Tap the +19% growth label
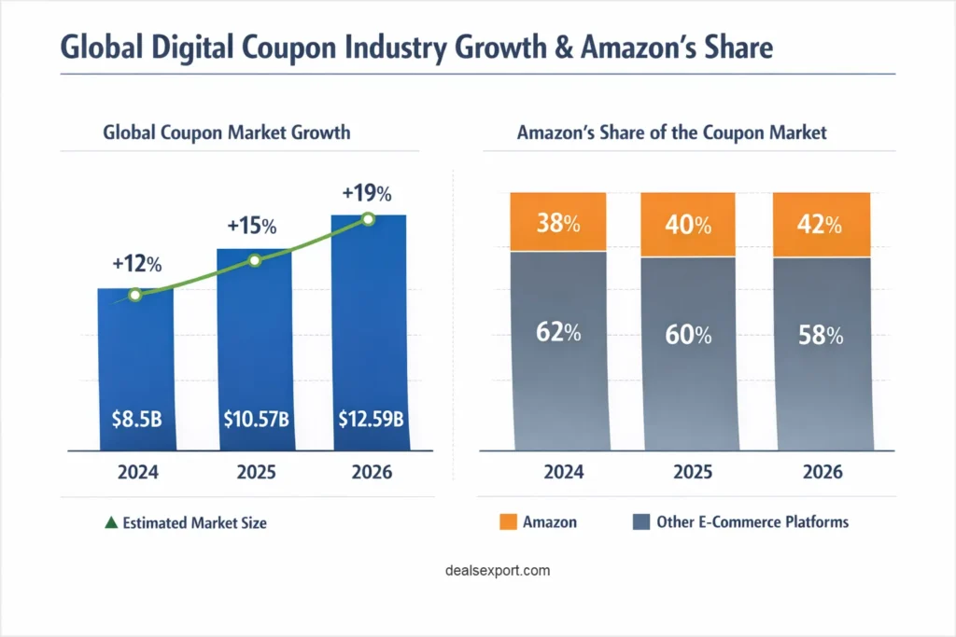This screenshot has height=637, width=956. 367,194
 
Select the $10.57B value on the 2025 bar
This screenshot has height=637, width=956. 256,420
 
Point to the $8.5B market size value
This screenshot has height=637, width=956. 135,420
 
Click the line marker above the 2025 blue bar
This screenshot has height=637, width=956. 255,260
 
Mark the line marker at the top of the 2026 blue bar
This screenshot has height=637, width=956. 368,219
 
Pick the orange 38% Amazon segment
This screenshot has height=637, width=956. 558,222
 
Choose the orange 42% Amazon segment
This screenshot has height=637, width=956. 821,224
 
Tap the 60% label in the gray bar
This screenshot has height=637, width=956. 689,335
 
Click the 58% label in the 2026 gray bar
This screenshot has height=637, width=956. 821,335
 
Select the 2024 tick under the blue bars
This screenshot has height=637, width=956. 135,473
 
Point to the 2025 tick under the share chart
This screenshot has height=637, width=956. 689,473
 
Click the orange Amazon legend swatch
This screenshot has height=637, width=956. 509,522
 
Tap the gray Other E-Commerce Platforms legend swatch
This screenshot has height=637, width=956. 641,522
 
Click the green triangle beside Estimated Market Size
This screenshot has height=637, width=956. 111,523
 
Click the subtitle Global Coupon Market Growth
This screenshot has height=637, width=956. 227,132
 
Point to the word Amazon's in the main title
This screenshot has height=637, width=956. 625,48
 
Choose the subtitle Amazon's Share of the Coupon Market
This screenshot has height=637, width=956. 671,132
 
